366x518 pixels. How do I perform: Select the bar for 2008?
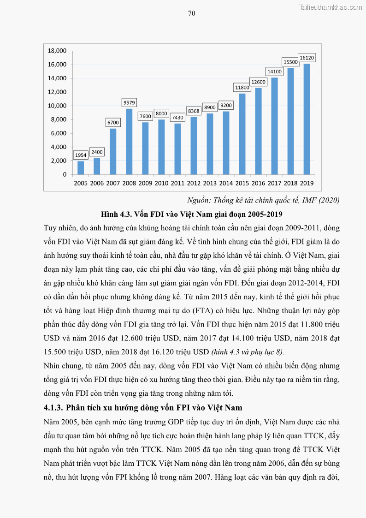tap(129, 142)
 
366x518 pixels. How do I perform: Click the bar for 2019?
tap(307, 119)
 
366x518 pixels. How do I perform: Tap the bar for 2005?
tap(81, 168)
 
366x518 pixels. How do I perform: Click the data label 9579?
tap(129, 102)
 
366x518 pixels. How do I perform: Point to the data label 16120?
tap(307, 58)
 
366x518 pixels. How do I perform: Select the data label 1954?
tap(81, 155)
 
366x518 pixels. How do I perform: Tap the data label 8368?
tap(194, 111)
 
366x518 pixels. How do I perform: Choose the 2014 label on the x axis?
tap(226, 183)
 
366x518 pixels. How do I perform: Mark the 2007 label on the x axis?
tap(113, 183)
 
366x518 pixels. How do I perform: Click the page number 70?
tap(192, 13)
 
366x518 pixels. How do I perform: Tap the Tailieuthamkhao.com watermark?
tap(331, 7)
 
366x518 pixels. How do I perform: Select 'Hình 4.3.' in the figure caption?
tap(115, 214)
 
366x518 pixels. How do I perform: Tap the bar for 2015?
tap(242, 134)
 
